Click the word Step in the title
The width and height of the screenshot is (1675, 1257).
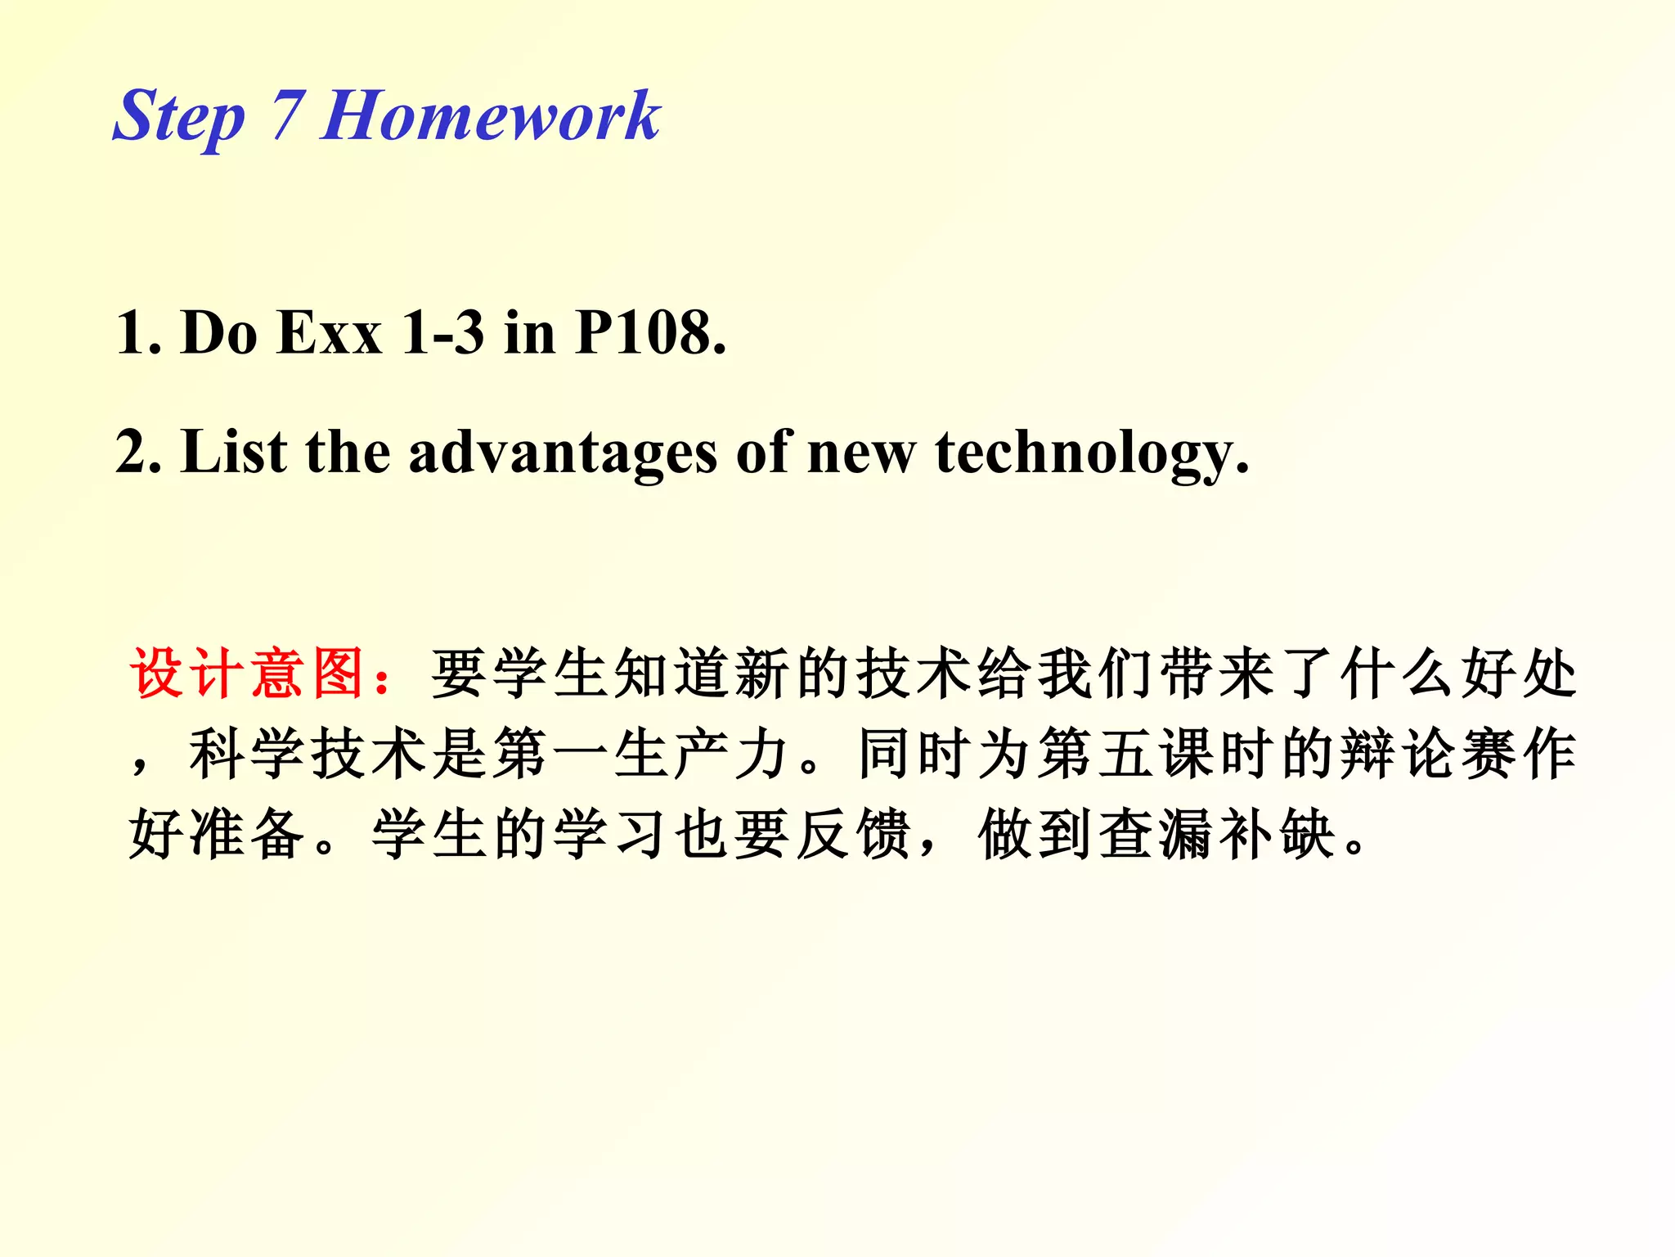pyautogui.click(x=178, y=117)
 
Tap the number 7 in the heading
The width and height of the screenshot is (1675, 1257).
pyautogui.click(x=287, y=115)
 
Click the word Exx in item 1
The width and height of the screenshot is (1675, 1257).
pyautogui.click(x=330, y=333)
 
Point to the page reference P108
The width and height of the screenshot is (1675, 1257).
pyautogui.click(x=650, y=333)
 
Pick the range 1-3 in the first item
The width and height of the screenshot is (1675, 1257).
pyautogui.click(x=442, y=333)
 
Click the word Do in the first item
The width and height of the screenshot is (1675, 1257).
pyautogui.click(x=218, y=333)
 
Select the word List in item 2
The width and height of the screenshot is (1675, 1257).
pyautogui.click(x=234, y=452)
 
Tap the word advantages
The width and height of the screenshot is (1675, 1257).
pyautogui.click(x=563, y=453)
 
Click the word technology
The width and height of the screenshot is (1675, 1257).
pyautogui.click(x=1092, y=453)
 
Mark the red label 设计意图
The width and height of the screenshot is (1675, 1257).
pyautogui.click(x=247, y=673)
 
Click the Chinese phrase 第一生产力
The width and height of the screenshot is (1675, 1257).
pyautogui.click(x=641, y=753)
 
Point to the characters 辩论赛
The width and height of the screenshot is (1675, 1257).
pyautogui.click(x=1428, y=753)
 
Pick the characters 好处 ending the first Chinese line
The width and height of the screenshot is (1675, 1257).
pyautogui.click(x=1520, y=673)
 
